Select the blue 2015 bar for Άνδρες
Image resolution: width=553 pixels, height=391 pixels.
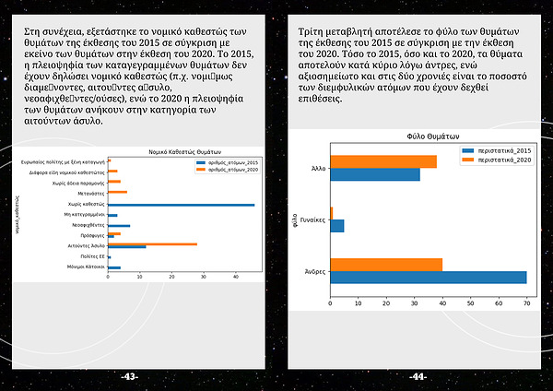(428, 277)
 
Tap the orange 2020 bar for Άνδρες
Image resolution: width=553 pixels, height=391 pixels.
(385, 265)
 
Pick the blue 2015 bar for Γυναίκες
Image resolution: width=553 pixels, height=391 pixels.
(336, 226)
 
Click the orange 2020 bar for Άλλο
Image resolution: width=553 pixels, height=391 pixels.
(382, 162)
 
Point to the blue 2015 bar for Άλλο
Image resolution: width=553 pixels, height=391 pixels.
(374, 174)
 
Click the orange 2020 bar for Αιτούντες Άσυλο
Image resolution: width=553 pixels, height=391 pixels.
(152, 244)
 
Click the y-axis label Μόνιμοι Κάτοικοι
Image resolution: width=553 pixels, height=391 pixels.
(86, 267)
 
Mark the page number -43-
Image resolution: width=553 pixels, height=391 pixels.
(130, 376)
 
